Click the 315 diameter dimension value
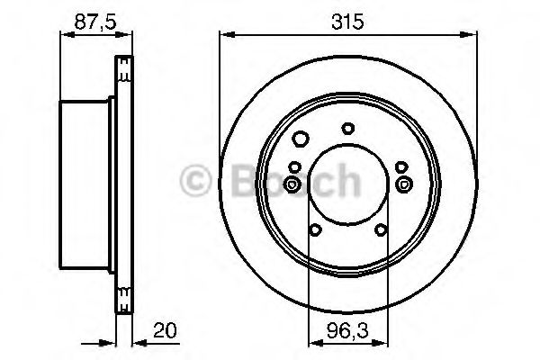pyautogui.click(x=347, y=22)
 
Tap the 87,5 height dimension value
pyautogui.click(x=95, y=22)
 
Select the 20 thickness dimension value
pyautogui.click(x=165, y=330)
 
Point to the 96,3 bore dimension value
pyautogui.click(x=347, y=331)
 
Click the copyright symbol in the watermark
pyautogui.click(x=195, y=180)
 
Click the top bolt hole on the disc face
pyautogui.click(x=348, y=129)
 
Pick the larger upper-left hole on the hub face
pyautogui.click(x=301, y=139)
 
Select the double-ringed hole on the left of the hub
pyautogui.click(x=292, y=185)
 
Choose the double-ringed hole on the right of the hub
pyautogui.click(x=404, y=184)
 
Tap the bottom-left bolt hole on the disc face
pyautogui.click(x=315, y=229)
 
